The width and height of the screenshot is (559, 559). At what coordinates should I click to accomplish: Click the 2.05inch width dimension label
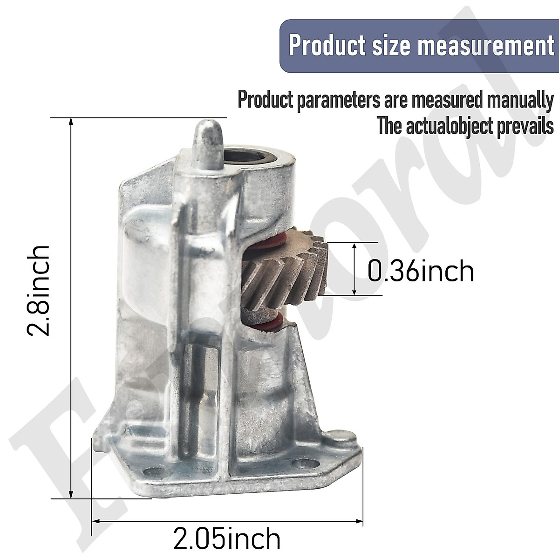(227, 539)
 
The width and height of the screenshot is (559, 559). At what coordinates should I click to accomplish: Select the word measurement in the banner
(488, 46)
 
